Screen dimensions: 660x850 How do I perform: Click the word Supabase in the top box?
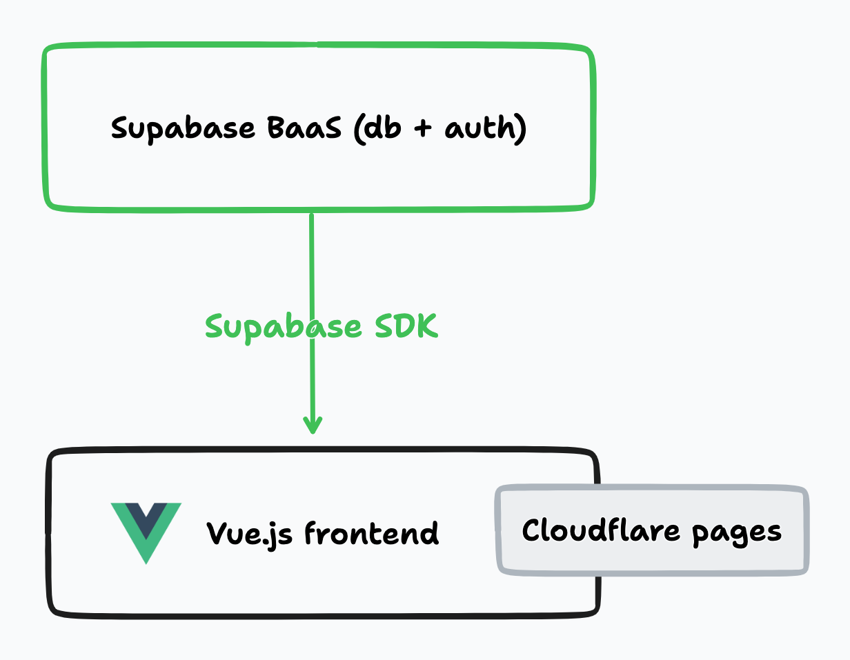[177, 130]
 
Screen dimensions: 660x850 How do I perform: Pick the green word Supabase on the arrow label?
[284, 326]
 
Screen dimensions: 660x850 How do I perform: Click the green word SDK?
[406, 326]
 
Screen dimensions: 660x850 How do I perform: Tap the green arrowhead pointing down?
[313, 426]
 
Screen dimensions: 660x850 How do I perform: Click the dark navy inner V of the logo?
[146, 517]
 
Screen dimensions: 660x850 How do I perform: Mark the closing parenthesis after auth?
[521, 130]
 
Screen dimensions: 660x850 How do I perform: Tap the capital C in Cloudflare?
[531, 530]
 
